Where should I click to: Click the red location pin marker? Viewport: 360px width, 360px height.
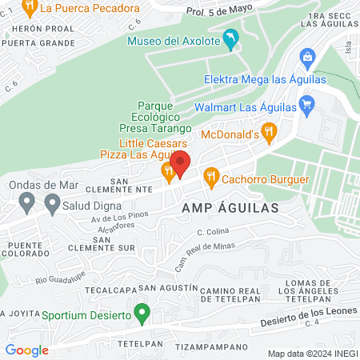click(180, 164)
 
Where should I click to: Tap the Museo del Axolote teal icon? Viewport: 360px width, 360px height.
click(231, 39)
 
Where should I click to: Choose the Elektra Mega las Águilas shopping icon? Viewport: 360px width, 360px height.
click(306, 58)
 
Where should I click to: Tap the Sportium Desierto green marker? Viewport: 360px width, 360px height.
click(142, 313)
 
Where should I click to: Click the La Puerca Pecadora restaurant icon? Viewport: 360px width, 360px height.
click(30, 8)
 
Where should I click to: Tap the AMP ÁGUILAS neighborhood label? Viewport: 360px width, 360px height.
click(230, 206)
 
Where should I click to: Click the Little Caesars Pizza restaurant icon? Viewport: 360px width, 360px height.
click(167, 169)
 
